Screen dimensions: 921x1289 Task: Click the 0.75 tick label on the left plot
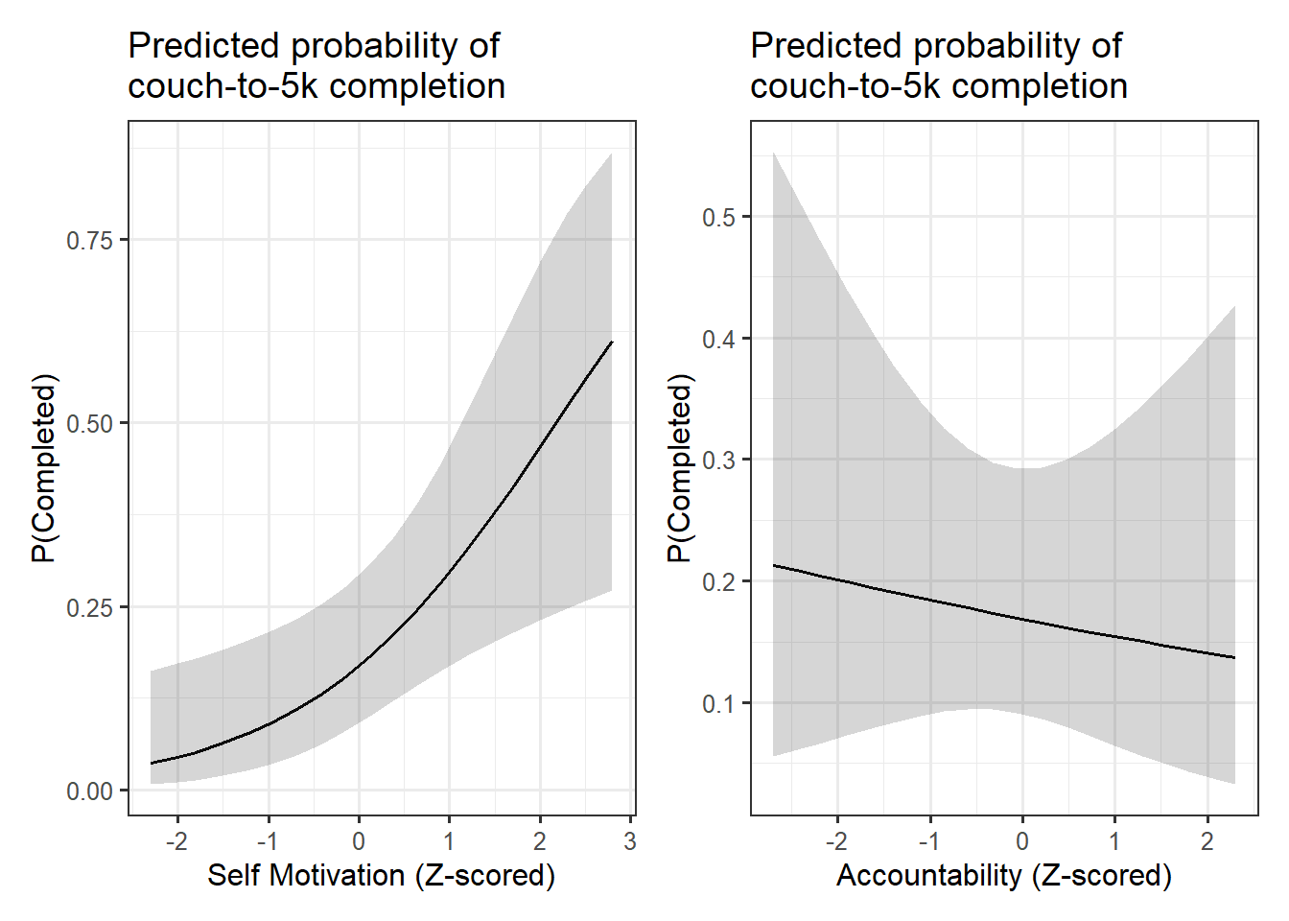click(x=89, y=240)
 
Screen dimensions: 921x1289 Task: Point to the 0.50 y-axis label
click(x=89, y=423)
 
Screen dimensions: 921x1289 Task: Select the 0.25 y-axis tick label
click(x=89, y=607)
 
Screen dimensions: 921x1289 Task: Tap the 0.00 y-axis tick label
click(x=89, y=791)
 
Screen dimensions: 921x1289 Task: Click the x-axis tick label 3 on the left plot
click(x=630, y=841)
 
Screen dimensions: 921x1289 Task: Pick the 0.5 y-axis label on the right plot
click(x=718, y=218)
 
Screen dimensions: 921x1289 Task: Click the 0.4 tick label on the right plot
click(x=718, y=340)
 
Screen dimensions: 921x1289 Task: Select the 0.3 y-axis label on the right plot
click(x=718, y=460)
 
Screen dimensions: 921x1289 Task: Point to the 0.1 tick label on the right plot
click(x=718, y=704)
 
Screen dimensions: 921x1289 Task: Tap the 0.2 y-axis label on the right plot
click(x=718, y=582)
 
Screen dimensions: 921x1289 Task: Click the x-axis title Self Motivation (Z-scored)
click(x=381, y=875)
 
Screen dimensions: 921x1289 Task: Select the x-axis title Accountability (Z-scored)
click(x=1004, y=875)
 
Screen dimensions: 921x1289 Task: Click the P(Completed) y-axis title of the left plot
click(x=44, y=468)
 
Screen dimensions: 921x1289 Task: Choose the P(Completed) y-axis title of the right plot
click(x=679, y=468)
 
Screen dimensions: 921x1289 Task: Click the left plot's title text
click(x=316, y=65)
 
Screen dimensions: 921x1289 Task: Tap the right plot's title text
click(x=938, y=65)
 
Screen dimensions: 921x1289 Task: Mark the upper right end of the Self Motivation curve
click(x=612, y=342)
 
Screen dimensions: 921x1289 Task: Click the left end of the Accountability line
click(x=773, y=565)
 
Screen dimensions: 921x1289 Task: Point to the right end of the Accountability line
click(x=1235, y=657)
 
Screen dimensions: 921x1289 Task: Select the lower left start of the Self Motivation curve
click(x=151, y=764)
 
